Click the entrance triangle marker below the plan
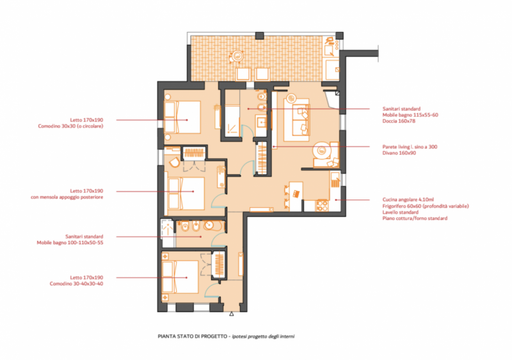(x=232, y=314)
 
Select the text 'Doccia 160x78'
(x=399, y=121)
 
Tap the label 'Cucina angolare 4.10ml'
(x=408, y=200)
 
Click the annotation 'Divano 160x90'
(x=399, y=153)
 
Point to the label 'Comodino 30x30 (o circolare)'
(x=70, y=126)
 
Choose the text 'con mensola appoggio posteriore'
(x=67, y=197)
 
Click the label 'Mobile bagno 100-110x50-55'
(x=70, y=242)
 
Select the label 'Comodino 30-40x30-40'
(x=76, y=284)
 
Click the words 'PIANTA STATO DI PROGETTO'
(x=193, y=336)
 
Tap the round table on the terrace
(x=237, y=56)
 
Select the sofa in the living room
(x=296, y=120)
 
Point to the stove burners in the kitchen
(x=322, y=205)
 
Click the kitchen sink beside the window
(x=335, y=180)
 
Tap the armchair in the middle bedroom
(x=174, y=162)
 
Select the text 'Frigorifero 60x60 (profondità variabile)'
(x=426, y=206)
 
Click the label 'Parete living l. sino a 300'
(x=410, y=147)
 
